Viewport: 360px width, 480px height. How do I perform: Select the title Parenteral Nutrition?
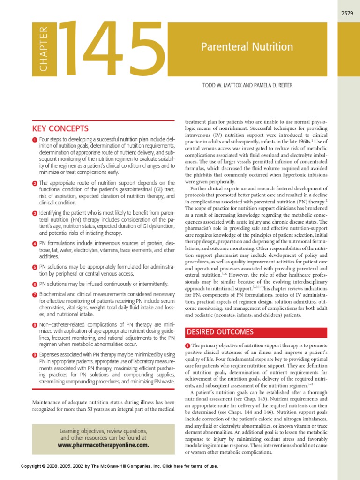247,47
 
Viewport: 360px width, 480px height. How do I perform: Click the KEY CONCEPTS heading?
60,128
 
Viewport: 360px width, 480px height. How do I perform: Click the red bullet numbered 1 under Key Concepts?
35,140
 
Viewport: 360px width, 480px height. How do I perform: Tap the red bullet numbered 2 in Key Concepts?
35,183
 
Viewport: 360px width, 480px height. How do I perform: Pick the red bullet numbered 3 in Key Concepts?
35,213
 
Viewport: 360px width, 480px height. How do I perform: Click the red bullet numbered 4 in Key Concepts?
35,244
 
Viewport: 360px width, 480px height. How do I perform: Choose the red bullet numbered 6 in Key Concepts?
35,284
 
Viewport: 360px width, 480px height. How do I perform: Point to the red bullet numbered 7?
35,294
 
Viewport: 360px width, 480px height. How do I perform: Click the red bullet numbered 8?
35,325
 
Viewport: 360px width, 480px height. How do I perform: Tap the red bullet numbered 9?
35,355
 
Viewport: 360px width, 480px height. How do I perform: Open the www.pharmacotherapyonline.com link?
103,445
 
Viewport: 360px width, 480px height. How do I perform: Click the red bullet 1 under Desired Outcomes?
188,346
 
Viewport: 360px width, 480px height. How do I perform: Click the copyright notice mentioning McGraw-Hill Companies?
120,466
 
